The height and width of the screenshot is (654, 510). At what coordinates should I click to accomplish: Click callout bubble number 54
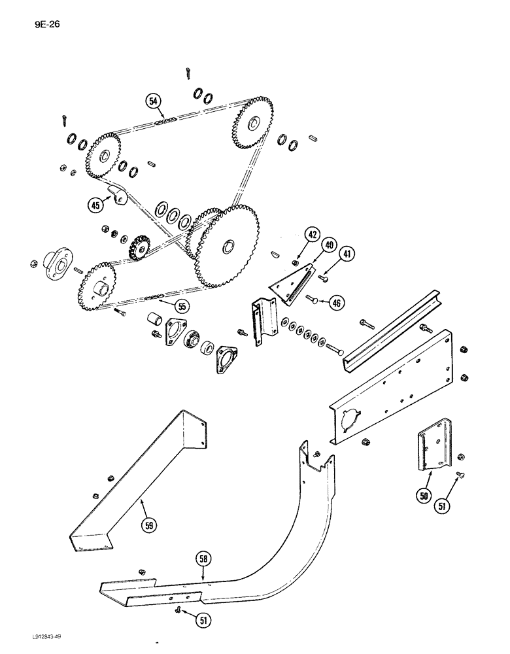[153, 101]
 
